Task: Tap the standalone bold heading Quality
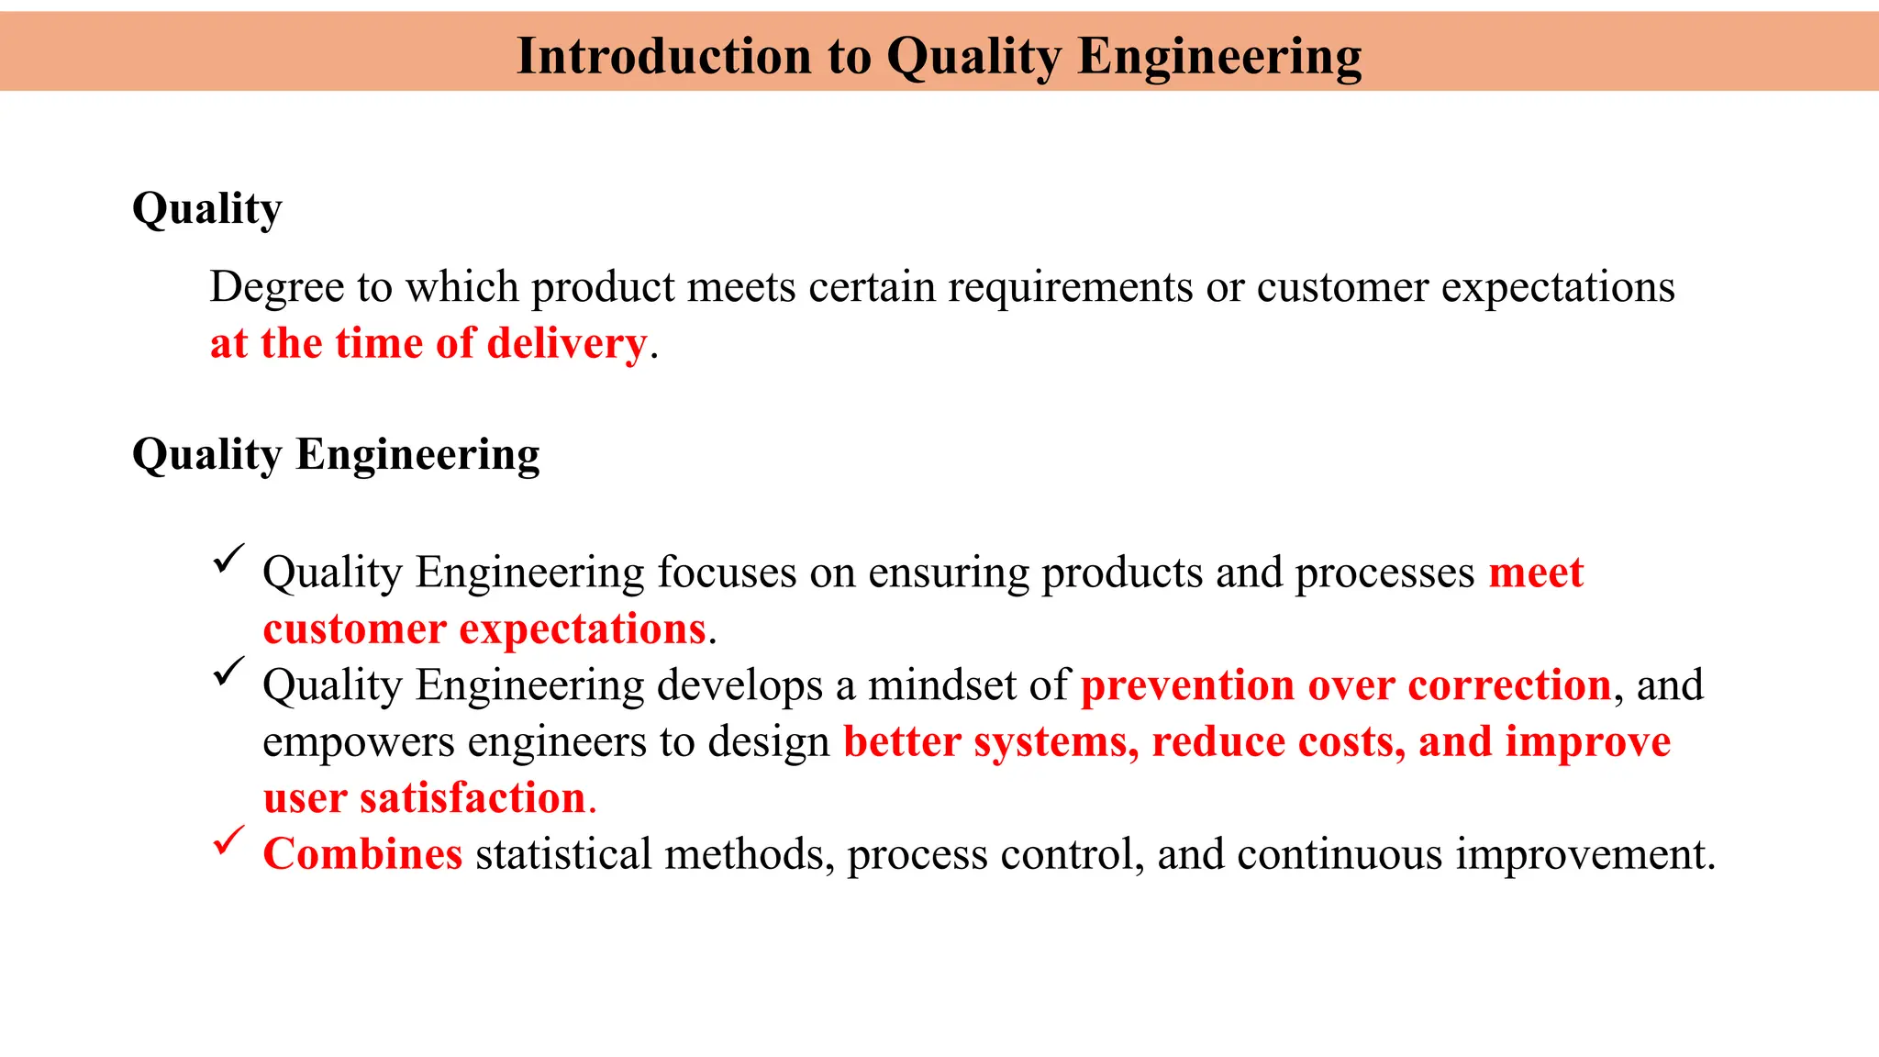206,209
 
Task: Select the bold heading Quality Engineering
336,455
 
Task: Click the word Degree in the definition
276,287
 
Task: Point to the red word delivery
566,344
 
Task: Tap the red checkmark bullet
228,840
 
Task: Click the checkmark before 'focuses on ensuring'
228,558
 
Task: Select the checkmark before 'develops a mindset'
228,671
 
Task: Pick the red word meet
1536,573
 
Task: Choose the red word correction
1509,685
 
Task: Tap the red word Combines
362,854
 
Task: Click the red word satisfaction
473,798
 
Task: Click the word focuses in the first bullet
727,573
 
